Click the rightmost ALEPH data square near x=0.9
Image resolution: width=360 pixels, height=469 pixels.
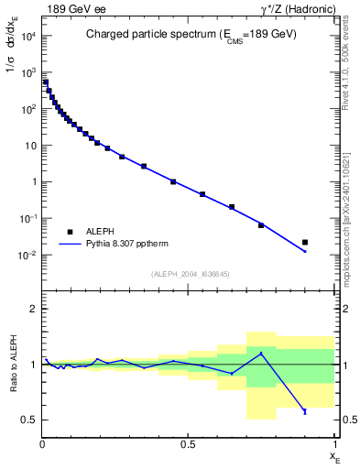305,243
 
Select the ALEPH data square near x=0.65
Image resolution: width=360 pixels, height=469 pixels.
232,207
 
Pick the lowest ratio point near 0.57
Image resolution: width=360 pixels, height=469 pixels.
305,412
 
